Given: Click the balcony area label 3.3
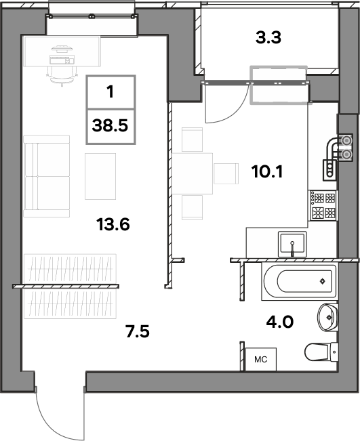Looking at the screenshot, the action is tap(268, 38).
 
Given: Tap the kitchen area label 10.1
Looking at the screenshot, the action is tap(267, 171).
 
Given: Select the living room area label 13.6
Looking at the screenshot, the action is tap(113, 224).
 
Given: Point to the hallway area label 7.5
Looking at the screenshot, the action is tap(138, 331).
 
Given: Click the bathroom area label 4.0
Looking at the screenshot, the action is tap(280, 322).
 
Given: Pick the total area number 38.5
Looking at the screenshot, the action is tap(110, 125).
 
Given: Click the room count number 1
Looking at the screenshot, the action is tap(111, 91).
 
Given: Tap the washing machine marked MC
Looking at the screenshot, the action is tap(260, 359).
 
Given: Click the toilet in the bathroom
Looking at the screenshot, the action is tap(321, 352).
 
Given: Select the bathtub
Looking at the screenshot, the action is tap(299, 282).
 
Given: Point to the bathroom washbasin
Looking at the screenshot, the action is tap(327, 317).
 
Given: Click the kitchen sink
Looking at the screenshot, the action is tap(292, 244).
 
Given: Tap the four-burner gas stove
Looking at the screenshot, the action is tap(323, 205).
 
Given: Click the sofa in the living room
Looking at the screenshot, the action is tap(47, 176).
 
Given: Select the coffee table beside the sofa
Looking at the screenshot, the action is tap(100, 176).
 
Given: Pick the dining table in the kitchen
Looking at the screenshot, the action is tap(192, 173).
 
